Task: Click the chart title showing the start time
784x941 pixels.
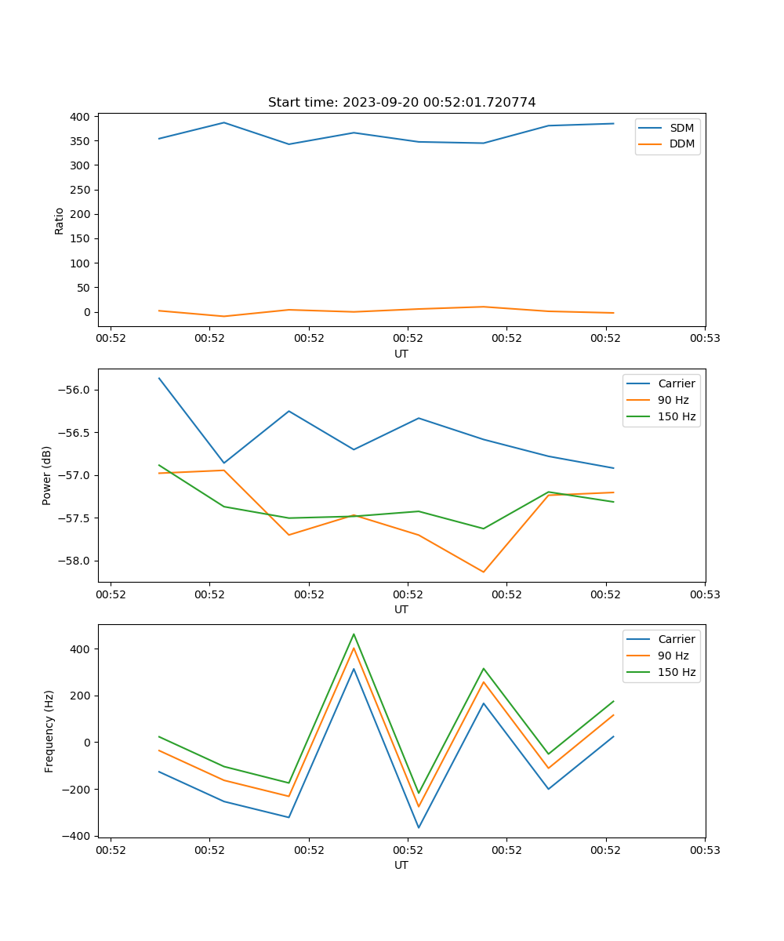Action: pyautogui.click(x=401, y=102)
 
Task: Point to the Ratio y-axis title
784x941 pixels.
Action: pyautogui.click(x=59, y=221)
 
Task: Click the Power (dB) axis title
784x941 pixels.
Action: pyautogui.click(x=47, y=475)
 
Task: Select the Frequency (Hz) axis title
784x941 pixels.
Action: pyautogui.click(x=49, y=731)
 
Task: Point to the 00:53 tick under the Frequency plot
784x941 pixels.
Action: pyautogui.click(x=704, y=849)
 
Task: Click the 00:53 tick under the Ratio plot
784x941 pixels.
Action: pyautogui.click(x=704, y=338)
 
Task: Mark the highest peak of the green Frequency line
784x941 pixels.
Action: pyautogui.click(x=354, y=634)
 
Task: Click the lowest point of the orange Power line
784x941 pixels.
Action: pyautogui.click(x=483, y=572)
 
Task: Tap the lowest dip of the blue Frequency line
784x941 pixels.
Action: pyautogui.click(x=419, y=827)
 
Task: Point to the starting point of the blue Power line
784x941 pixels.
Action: pyautogui.click(x=159, y=378)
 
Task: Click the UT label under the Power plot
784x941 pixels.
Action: pyautogui.click(x=401, y=609)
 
